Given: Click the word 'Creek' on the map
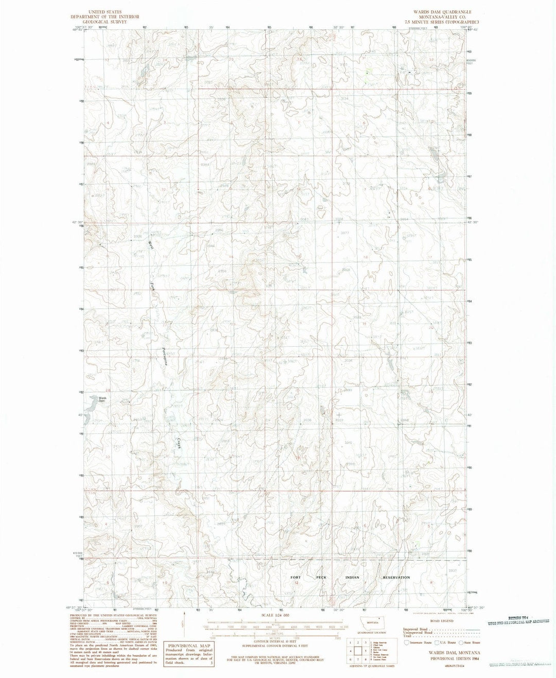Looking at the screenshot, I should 179,444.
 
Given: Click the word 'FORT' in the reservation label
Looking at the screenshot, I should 296,577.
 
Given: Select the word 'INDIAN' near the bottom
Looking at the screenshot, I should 353,577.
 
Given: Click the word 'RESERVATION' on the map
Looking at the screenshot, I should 396,577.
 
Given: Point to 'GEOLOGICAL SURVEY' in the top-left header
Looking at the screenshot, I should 105,23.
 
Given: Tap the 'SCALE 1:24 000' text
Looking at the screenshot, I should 275,615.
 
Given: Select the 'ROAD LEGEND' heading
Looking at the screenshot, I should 442,621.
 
